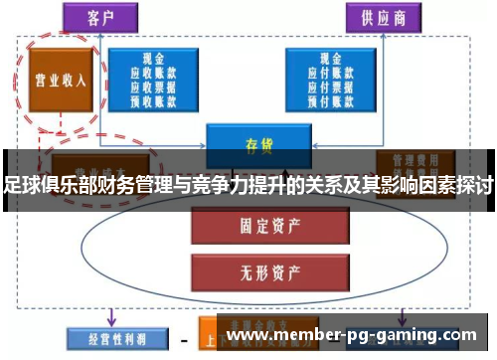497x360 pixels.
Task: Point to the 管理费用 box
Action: click(409, 160)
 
